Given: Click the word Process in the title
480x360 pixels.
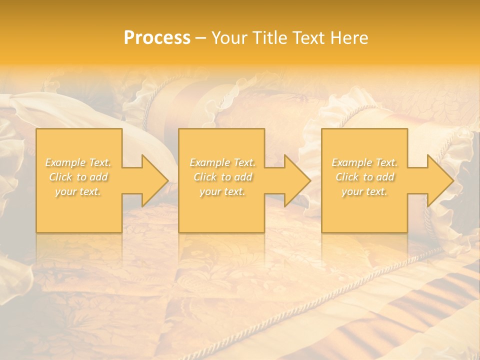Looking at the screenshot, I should click(157, 38).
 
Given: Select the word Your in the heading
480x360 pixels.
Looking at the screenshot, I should click(231, 38).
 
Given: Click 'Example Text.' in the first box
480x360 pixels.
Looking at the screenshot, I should click(78, 162).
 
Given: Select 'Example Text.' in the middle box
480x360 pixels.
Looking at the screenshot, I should click(222, 162).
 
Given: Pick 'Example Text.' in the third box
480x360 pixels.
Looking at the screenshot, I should click(364, 162).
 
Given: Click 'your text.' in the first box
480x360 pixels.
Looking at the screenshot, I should click(78, 191).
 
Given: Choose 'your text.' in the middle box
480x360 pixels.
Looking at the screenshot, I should click(222, 191).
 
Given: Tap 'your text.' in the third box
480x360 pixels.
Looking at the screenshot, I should click(364, 191).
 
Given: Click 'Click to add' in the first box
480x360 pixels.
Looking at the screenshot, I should click(78, 177).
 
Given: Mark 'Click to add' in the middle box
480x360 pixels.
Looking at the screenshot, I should click(222, 177).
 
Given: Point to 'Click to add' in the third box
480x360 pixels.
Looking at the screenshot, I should click(364, 177).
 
